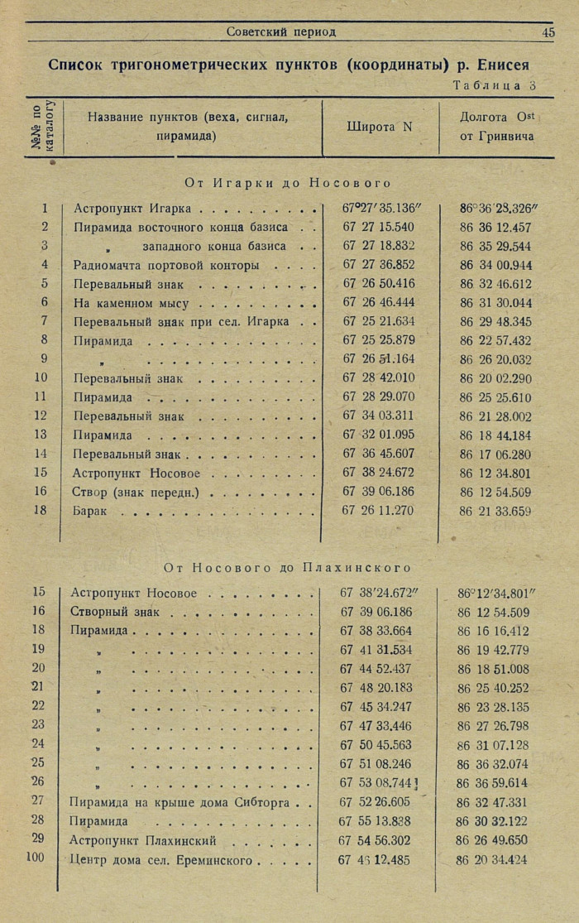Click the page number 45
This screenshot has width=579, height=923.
point(548,32)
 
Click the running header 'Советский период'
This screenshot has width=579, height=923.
point(281,32)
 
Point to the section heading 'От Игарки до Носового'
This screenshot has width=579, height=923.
point(288,183)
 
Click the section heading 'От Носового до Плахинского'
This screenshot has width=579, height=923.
point(287,568)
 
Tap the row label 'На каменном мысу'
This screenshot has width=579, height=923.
point(131,304)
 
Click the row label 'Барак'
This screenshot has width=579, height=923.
point(90,512)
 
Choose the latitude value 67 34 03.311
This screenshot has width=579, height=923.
point(379,416)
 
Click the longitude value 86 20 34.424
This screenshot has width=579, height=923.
point(492,859)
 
